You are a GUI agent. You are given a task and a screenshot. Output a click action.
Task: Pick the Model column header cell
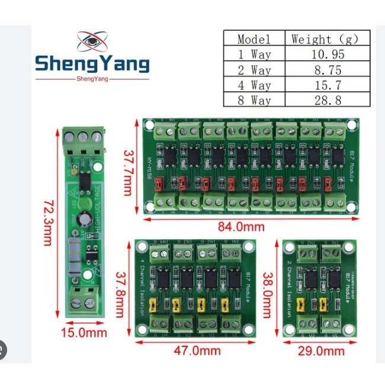(254, 39)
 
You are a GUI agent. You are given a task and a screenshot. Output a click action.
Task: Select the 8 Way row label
(254, 100)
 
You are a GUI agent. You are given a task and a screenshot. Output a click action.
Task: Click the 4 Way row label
(254, 85)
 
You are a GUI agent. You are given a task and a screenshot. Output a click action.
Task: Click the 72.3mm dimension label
(48, 223)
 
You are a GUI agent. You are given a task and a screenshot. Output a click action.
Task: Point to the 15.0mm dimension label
(83, 333)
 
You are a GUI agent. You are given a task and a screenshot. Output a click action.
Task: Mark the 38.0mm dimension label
(269, 287)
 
